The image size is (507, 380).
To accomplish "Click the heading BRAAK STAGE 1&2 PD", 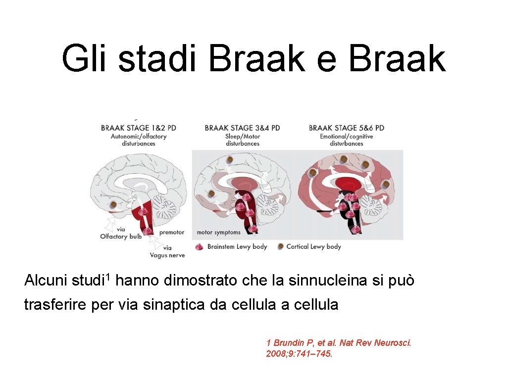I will [138, 128].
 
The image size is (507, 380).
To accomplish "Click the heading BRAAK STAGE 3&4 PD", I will [242, 128].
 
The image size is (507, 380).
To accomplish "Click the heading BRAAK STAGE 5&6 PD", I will [346, 128].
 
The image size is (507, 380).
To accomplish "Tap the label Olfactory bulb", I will [121, 237].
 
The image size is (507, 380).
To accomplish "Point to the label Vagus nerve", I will [167, 255].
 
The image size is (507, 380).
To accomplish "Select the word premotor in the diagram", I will [172, 232].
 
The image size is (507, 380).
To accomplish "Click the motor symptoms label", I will [219, 232].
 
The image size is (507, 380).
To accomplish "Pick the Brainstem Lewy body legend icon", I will [200, 246].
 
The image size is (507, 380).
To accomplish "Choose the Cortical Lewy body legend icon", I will [281, 246].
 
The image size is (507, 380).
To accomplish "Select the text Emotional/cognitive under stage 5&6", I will [346, 136].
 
